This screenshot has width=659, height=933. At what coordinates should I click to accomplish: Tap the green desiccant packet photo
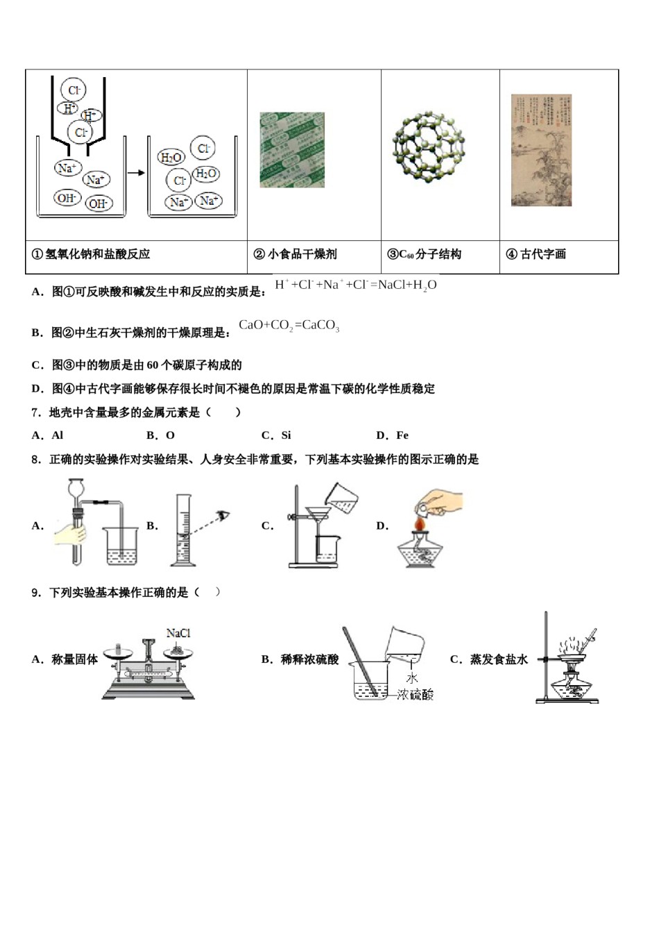pyautogui.click(x=291, y=150)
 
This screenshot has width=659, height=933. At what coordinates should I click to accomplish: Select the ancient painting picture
pyautogui.click(x=541, y=150)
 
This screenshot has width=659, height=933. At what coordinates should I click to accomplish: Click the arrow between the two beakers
pyautogui.click(x=136, y=172)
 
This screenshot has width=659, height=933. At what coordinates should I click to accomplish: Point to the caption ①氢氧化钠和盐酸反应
pyautogui.click(x=91, y=254)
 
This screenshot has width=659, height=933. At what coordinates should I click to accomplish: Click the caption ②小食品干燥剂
pyautogui.click(x=296, y=254)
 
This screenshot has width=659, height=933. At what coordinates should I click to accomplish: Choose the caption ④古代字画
pyautogui.click(x=536, y=254)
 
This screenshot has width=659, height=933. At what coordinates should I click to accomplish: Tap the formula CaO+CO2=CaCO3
pyautogui.click(x=289, y=326)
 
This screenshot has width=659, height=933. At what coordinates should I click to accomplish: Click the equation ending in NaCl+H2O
pyautogui.click(x=356, y=285)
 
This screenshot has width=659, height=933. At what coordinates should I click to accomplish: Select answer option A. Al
pyautogui.click(x=48, y=435)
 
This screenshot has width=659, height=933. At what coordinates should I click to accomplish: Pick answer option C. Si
pyautogui.click(x=276, y=435)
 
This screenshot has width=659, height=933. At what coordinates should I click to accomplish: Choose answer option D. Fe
pyautogui.click(x=392, y=435)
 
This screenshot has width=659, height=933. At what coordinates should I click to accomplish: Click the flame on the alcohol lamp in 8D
pyautogui.click(x=420, y=522)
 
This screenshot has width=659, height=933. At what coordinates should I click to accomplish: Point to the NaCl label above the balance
pyautogui.click(x=178, y=633)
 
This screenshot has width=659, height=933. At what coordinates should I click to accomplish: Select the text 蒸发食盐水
pyautogui.click(x=499, y=659)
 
